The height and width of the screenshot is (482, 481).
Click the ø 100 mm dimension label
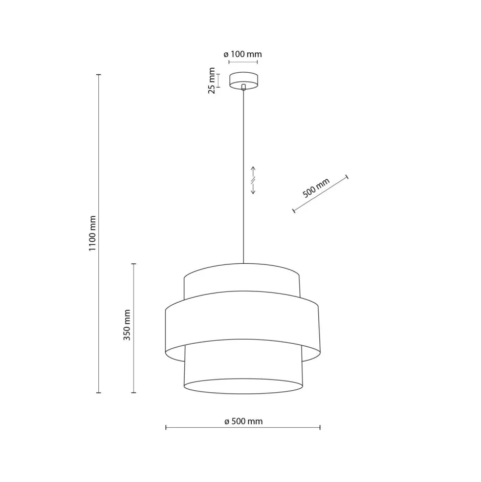pos(243,54)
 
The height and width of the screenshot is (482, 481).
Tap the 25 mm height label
pos(211,81)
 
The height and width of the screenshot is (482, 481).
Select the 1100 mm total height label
pos(92,234)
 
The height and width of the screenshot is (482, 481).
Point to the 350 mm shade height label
pos(127,325)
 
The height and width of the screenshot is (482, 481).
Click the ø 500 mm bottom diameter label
pos(243,421)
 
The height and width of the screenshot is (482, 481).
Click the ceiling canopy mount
pos(244,79)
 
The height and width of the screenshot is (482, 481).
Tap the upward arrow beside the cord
pos(253,171)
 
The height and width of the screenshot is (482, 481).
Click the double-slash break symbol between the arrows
pos(253,180)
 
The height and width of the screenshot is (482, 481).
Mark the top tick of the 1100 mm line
pos(99,75)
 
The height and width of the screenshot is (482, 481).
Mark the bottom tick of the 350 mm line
pos(134,392)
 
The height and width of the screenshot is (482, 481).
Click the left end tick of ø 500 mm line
pos(166,427)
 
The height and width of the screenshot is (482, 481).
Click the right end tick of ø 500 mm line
pos(320,427)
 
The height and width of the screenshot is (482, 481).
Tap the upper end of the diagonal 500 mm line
pos(347,177)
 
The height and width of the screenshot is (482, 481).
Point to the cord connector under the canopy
pos(244,87)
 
